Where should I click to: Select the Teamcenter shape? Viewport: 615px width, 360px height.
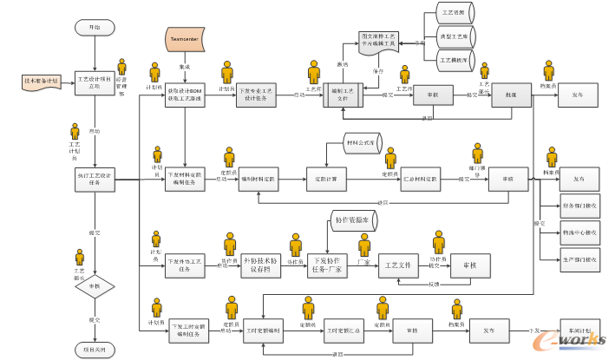[x=185, y=39]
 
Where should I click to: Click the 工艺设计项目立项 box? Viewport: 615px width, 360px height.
[x=95, y=82]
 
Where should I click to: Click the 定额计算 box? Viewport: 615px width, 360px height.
[x=326, y=180]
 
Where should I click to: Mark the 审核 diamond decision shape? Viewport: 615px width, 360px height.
[x=95, y=286]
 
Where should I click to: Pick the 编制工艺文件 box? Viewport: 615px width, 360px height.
[x=347, y=95]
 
